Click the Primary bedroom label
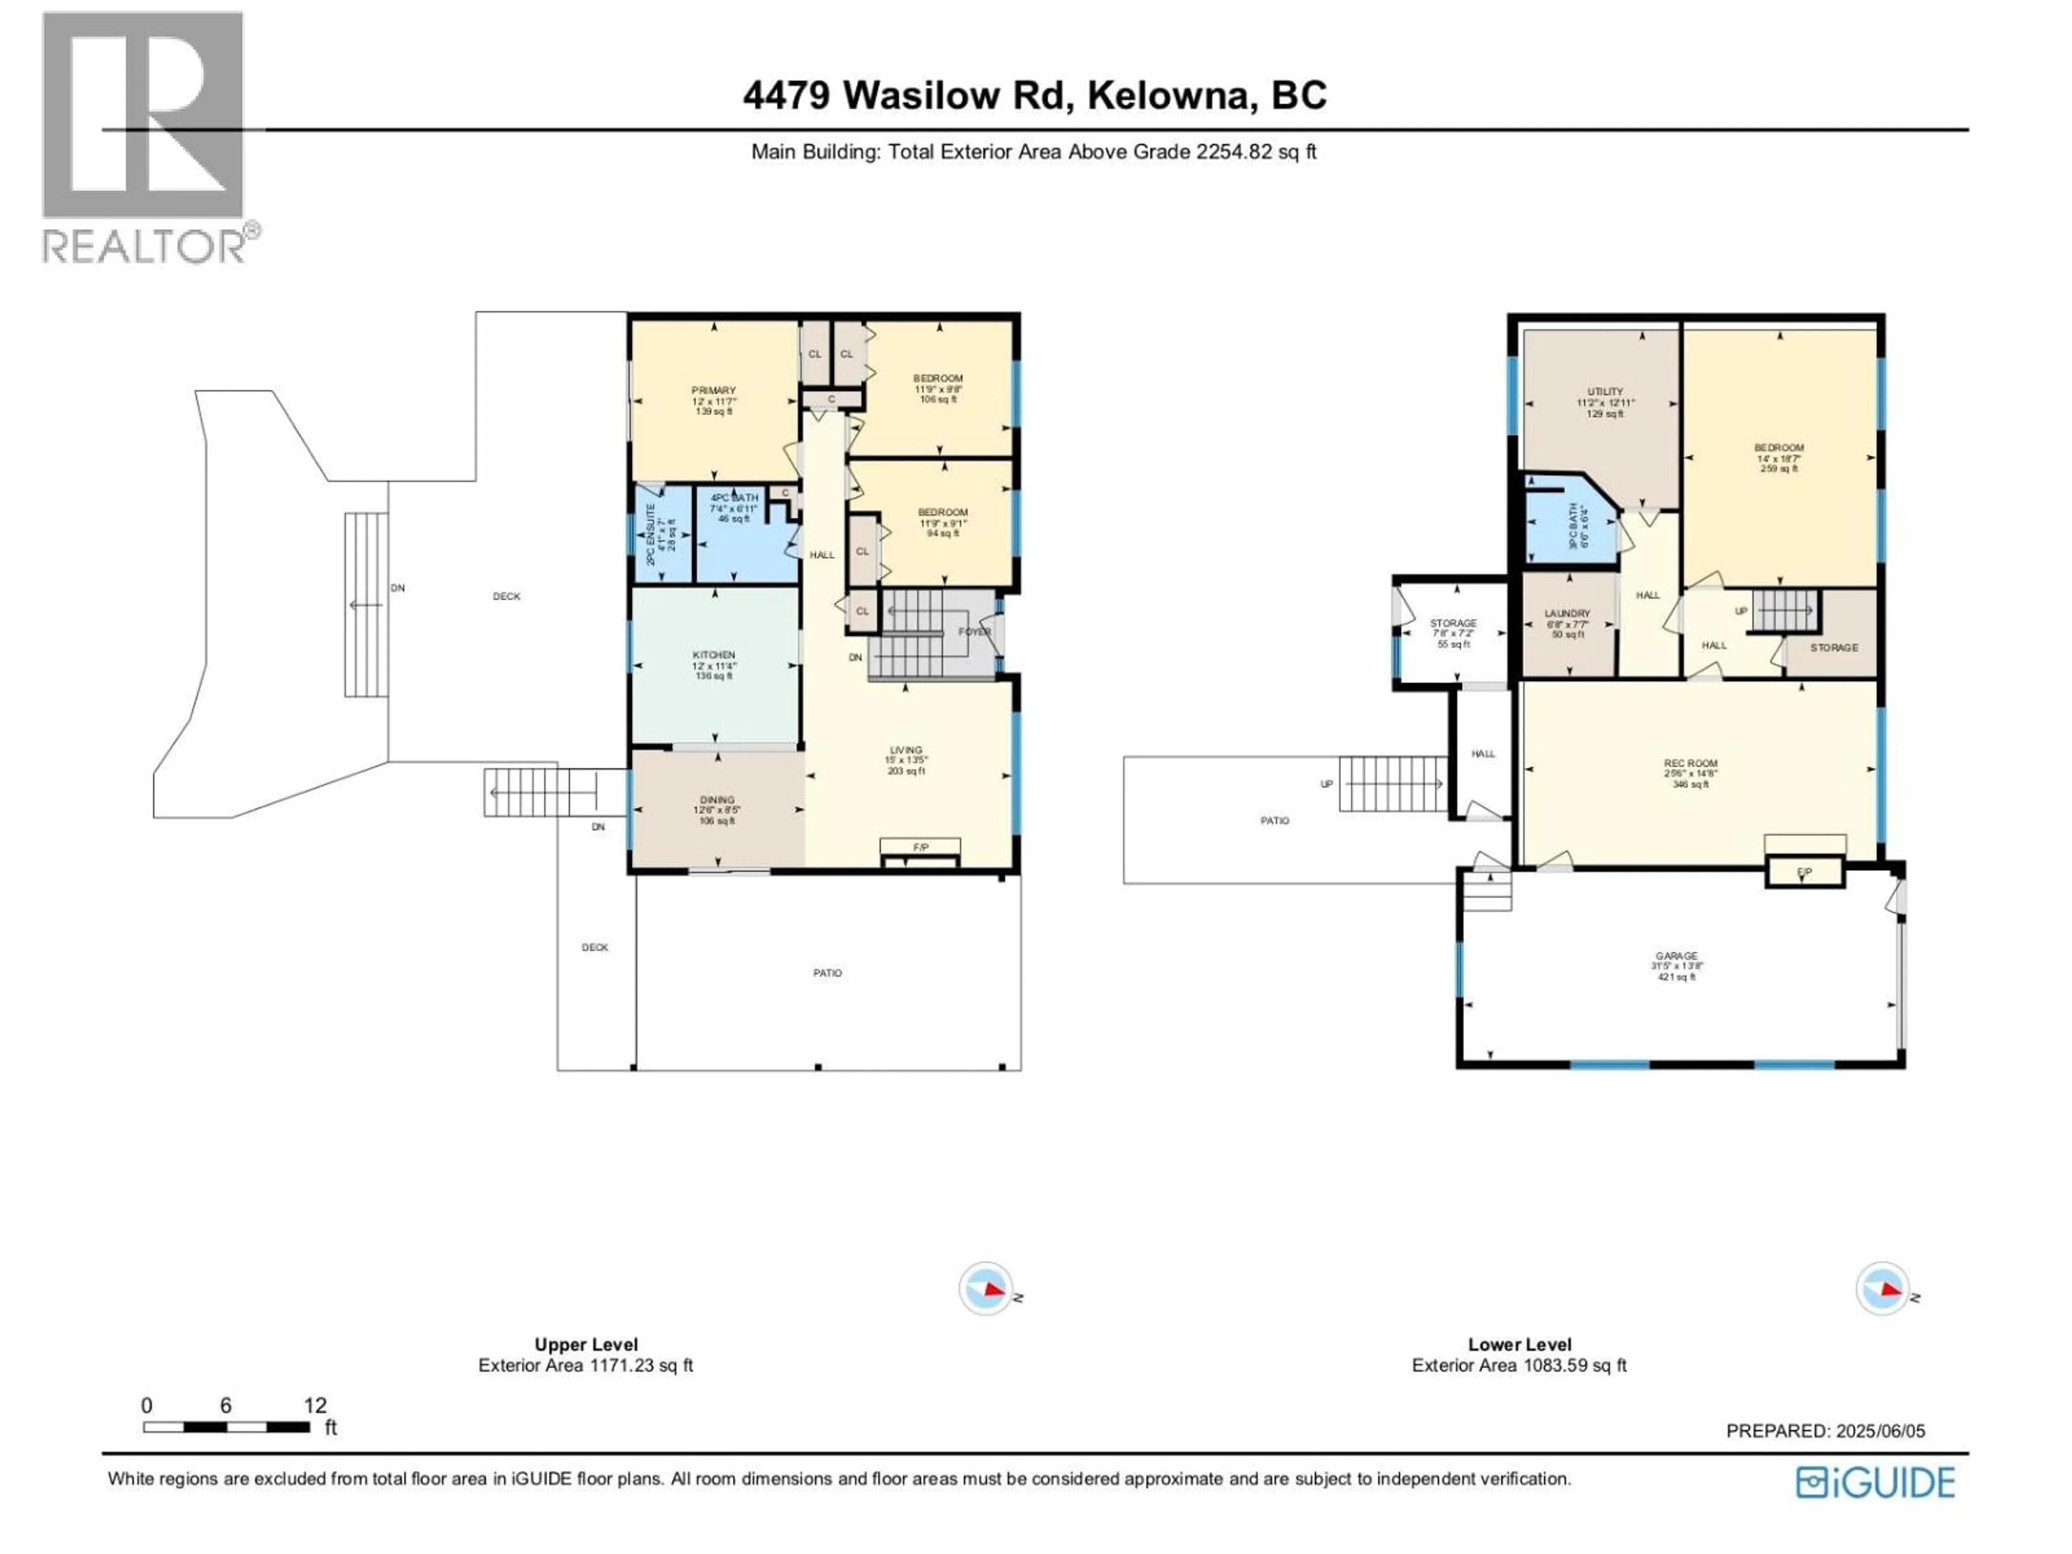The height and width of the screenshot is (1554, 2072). [x=714, y=391]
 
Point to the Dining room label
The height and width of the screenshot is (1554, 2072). [x=718, y=800]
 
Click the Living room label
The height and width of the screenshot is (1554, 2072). [x=906, y=751]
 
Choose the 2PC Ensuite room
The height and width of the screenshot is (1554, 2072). [x=662, y=534]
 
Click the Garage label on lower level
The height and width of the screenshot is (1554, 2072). [x=1676, y=956]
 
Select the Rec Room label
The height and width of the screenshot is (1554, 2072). [x=1691, y=764]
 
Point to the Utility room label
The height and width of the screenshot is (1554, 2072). [x=1605, y=392]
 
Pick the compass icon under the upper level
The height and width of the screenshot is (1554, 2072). [x=986, y=1289]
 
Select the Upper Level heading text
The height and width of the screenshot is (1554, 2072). [x=585, y=1344]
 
